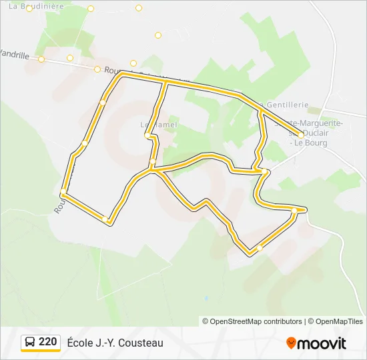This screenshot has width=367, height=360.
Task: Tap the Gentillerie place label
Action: tap(286, 105)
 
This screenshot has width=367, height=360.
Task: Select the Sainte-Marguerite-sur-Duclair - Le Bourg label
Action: tap(307, 133)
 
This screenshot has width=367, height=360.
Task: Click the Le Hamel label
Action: tap(157, 125)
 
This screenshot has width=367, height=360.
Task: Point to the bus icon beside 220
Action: tap(30, 343)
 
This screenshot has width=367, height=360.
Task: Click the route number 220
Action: tap(47, 342)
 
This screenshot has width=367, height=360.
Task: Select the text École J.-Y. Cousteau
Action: tap(115, 343)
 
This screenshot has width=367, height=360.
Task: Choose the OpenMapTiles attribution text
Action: tap(336, 321)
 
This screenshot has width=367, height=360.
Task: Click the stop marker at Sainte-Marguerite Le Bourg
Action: tap(301, 135)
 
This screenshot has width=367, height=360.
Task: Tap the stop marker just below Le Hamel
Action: tap(147, 135)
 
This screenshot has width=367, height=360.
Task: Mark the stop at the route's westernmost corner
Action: tap(63, 193)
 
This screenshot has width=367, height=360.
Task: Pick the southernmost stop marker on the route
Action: tap(260, 248)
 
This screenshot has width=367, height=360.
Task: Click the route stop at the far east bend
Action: tap(294, 211)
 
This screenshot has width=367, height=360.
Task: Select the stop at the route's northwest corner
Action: tap(103, 102)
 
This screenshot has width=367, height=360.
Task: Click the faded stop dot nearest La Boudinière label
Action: tap(29, 9)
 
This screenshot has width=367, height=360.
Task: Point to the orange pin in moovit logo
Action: tap(291, 343)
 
